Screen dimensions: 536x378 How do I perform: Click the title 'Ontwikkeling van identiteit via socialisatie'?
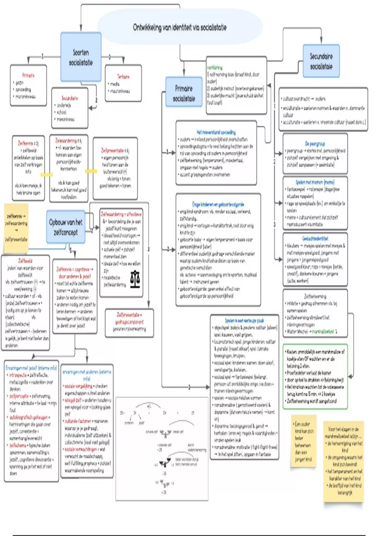click(x=180, y=27)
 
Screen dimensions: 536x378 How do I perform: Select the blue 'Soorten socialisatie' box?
click(x=81, y=57)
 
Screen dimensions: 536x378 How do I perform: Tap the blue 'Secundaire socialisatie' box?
click(x=321, y=61)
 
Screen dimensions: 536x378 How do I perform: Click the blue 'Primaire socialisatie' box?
click(x=184, y=93)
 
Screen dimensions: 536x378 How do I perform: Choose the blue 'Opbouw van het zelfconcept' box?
click(x=66, y=227)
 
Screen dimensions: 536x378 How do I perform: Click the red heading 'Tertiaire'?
click(x=123, y=77)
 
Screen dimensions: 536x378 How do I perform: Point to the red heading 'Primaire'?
click(x=28, y=75)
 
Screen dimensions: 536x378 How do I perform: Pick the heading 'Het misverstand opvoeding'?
click(x=216, y=132)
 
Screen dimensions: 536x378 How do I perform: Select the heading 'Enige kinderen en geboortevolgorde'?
click(x=218, y=204)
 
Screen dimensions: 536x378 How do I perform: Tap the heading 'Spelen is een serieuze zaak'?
click(x=244, y=320)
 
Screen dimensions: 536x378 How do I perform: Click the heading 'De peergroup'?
click(x=315, y=144)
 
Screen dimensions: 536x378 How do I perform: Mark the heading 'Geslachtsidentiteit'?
click(x=315, y=239)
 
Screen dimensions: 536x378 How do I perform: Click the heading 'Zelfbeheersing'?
click(x=315, y=296)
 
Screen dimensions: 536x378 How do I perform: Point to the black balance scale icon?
click(x=135, y=279)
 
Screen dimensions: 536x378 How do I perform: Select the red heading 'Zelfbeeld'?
click(x=25, y=261)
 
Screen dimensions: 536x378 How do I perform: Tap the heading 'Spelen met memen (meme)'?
click(x=315, y=182)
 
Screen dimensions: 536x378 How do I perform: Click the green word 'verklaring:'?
click(x=215, y=67)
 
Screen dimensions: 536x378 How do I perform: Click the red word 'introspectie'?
click(x=18, y=375)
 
